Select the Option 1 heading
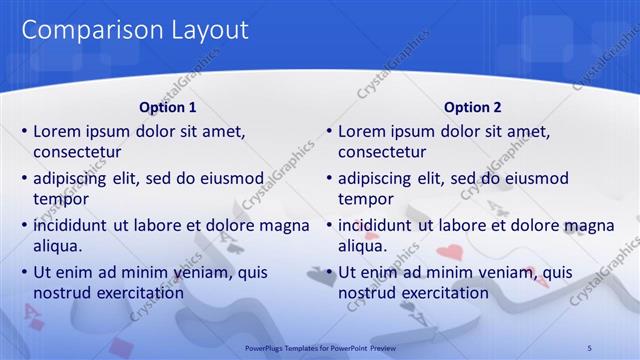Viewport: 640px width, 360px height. [166, 107]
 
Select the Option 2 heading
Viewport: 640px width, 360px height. [472, 107]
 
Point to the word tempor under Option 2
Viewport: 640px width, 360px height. [366, 199]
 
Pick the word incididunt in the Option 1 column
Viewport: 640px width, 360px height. [75, 226]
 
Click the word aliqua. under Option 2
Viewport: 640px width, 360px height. [362, 246]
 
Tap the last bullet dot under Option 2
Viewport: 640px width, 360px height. [329, 273]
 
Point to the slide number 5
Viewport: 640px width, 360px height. [589, 346]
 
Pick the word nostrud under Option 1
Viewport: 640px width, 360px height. [63, 293]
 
